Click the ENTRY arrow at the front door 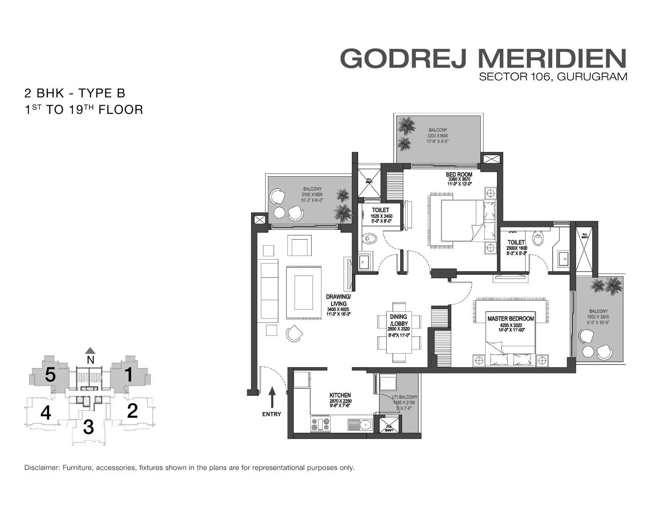coord(272,397)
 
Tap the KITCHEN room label coord(340,395)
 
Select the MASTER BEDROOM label coord(511,318)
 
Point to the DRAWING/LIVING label coord(338,300)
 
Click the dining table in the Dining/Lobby coord(399,332)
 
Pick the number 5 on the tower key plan coord(50,375)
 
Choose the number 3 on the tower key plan coord(89,427)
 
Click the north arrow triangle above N coord(91,350)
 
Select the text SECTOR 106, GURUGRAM coord(553,77)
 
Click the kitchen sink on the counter coord(360,425)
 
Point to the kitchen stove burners coord(320,424)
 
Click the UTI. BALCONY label coord(404,397)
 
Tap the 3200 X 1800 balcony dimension coord(437,136)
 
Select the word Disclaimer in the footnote coord(41,468)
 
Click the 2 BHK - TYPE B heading coord(75,93)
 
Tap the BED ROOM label coord(459,174)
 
